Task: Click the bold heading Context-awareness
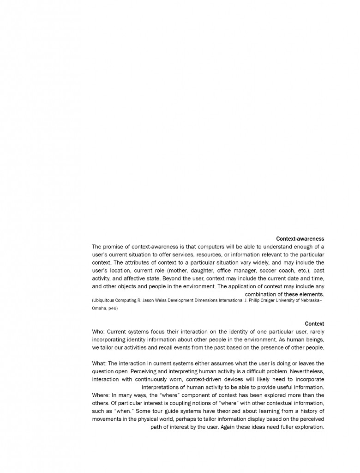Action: (x=300, y=239)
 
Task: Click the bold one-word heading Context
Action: (x=314, y=324)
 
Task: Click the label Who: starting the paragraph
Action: (x=98, y=331)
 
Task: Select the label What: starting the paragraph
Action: (x=99, y=364)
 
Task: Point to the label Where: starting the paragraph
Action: (x=101, y=395)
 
